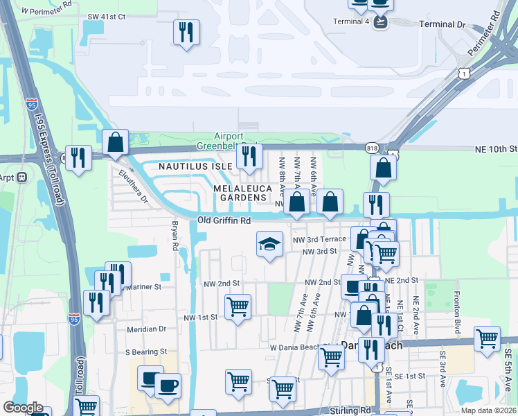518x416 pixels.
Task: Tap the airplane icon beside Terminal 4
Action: [x=380, y=21]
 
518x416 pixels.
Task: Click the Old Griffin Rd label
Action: [x=223, y=220]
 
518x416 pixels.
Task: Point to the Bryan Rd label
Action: [x=175, y=236]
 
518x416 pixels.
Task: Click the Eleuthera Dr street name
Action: [x=132, y=187]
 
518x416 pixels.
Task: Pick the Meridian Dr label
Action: [x=146, y=329]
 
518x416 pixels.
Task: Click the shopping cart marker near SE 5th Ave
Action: [x=487, y=338]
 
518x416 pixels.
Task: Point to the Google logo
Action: [x=23, y=408]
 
